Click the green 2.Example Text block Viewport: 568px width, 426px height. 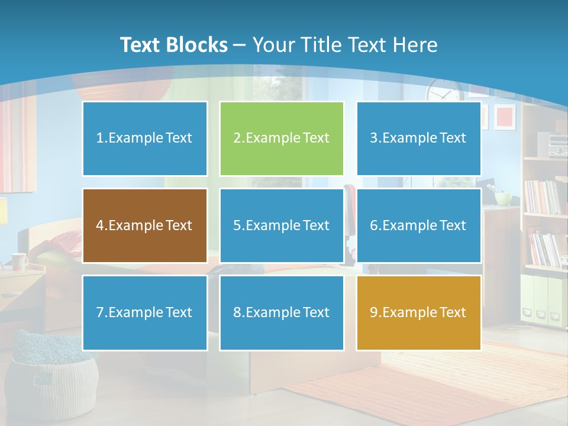click(282, 138)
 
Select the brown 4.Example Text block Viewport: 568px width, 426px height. click(144, 225)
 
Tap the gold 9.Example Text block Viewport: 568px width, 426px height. click(418, 312)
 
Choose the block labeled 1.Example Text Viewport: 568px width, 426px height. click(144, 138)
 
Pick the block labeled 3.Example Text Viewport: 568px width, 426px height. click(418, 138)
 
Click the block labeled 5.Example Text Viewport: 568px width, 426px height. click(282, 225)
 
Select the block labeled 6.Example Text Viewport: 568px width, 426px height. click(418, 225)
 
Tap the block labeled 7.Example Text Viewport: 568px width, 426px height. click(144, 312)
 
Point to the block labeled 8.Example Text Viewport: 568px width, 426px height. click(282, 312)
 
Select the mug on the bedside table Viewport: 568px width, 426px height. click(19, 260)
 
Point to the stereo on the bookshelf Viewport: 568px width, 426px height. click(557, 144)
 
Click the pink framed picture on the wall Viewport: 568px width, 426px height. click(505, 117)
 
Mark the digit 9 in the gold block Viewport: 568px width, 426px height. click(373, 312)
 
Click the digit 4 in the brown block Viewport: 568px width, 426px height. click(99, 225)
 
